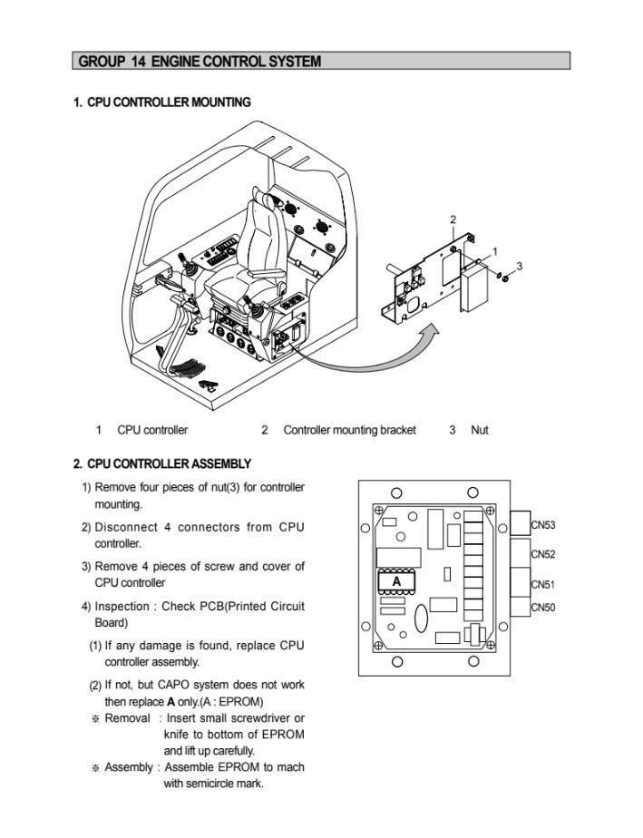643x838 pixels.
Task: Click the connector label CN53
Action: click(x=543, y=525)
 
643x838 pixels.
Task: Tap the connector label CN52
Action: click(x=543, y=554)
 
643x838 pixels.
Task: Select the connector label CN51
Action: click(x=543, y=585)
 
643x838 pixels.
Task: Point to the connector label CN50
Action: click(x=543, y=607)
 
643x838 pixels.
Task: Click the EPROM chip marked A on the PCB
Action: click(x=395, y=580)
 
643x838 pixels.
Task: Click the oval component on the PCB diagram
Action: click(x=421, y=619)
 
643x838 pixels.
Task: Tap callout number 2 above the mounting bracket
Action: click(x=453, y=219)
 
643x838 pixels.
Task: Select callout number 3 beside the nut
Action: click(x=519, y=265)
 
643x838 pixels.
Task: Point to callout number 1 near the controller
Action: click(x=494, y=250)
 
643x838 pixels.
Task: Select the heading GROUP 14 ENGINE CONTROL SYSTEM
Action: click(x=200, y=62)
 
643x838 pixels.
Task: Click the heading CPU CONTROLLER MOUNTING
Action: click(x=161, y=102)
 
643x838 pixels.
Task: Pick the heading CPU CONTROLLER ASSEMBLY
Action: click(x=162, y=464)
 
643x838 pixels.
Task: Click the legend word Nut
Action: click(x=479, y=430)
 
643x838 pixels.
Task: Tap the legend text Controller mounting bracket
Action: click(x=349, y=430)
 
